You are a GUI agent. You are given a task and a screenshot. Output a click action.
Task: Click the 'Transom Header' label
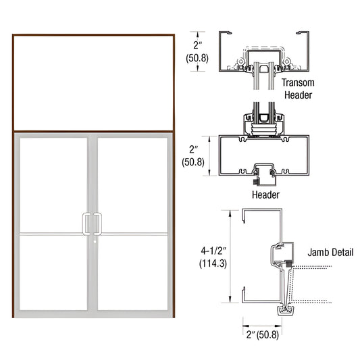tap(298, 88)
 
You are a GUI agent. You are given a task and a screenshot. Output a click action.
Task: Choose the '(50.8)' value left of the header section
tap(198, 162)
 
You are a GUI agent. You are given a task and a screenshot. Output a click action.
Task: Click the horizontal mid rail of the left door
tap(54, 234)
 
